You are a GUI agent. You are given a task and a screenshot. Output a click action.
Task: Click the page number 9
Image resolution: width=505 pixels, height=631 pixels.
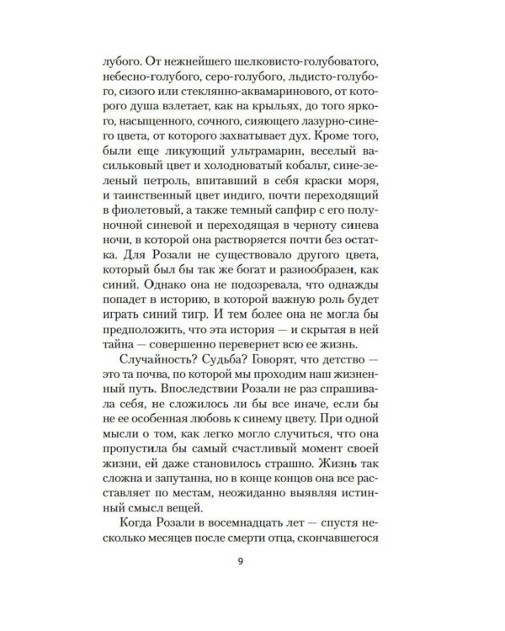(252, 579)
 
